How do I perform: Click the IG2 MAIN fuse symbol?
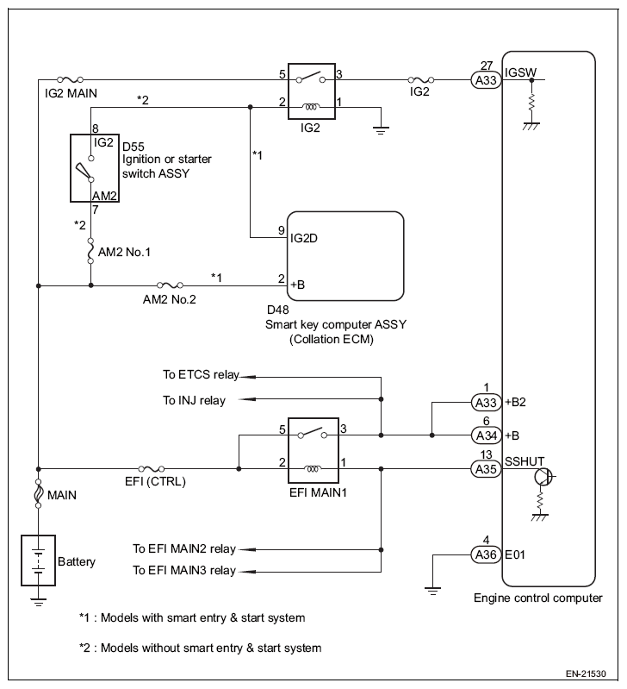point(71,79)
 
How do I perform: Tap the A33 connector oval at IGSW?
point(486,80)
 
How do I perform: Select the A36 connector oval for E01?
point(486,554)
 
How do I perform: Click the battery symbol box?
point(38,561)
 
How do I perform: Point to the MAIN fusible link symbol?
point(38,492)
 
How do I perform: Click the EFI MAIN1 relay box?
point(313,450)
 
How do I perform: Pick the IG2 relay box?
point(312,91)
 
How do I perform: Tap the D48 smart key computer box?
point(345,256)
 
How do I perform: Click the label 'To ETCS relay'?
point(201,375)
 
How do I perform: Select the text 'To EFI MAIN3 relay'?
point(184,570)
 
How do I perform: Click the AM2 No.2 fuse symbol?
point(170,285)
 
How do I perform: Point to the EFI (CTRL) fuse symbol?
point(152,469)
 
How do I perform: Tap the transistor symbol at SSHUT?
point(543,477)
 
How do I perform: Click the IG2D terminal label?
point(304,238)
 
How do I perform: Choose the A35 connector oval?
point(486,469)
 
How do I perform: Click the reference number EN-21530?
point(586,673)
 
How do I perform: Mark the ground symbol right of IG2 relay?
point(381,129)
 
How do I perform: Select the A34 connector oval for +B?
point(486,435)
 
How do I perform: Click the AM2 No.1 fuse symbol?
point(90,251)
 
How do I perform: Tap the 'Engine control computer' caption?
point(538,598)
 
